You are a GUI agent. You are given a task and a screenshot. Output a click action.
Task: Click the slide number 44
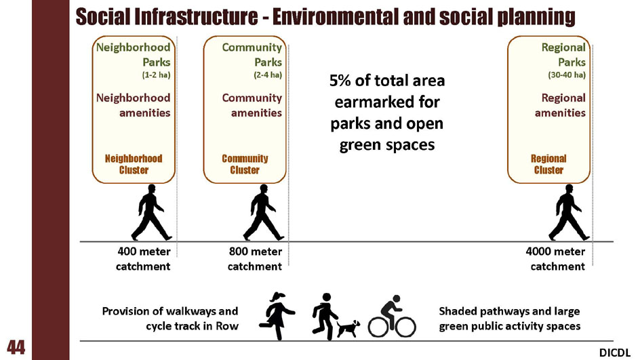click(16, 347)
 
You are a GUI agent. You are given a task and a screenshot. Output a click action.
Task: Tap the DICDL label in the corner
click(615, 353)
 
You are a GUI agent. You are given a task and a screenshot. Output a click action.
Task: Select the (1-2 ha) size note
click(157, 75)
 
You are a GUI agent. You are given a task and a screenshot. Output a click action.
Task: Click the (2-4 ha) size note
click(268, 75)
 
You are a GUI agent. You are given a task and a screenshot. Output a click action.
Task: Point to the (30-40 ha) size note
click(567, 75)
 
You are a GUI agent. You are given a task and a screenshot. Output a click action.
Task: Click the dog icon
click(348, 328)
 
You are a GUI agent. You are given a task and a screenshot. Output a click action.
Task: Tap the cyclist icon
click(392, 316)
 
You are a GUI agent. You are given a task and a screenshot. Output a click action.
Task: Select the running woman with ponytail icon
click(277, 316)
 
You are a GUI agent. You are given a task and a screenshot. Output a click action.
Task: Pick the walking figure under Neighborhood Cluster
click(151, 212)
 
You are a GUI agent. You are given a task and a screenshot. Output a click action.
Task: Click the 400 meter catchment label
click(143, 259)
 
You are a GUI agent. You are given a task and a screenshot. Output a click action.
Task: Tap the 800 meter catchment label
click(255, 259)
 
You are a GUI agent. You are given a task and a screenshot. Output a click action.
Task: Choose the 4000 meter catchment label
click(555, 259)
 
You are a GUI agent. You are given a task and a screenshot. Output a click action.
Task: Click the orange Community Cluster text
click(245, 164)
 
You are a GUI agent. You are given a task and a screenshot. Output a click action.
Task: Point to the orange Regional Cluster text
click(548, 164)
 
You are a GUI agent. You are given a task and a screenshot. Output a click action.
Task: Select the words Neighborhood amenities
click(134, 105)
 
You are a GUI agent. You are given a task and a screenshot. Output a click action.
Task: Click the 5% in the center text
click(340, 81)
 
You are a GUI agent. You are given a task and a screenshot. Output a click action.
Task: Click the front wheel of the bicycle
click(405, 327)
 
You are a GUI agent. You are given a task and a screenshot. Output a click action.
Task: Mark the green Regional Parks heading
click(563, 55)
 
